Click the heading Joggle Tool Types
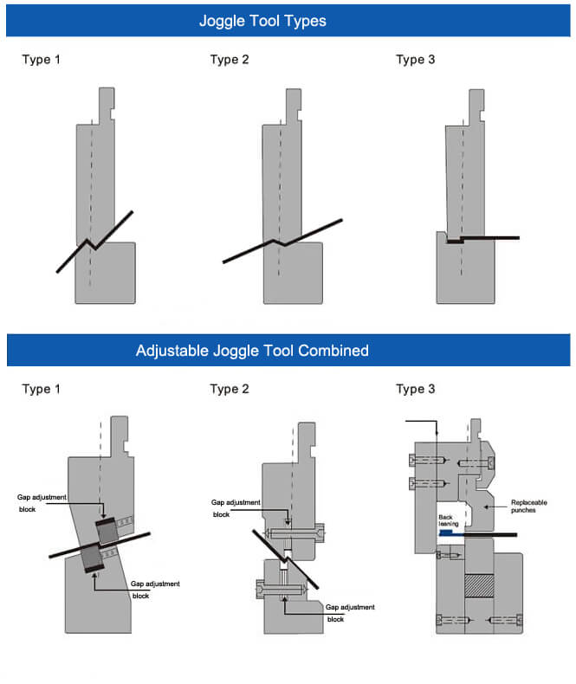262,20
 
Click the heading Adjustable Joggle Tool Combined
252,351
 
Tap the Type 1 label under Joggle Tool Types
41,60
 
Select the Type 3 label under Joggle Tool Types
415,60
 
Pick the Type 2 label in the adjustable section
230,389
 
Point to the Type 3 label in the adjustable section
415,389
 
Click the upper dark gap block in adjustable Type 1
107,531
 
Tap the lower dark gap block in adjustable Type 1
94,559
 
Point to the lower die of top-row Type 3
465,273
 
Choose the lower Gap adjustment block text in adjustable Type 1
155,589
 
